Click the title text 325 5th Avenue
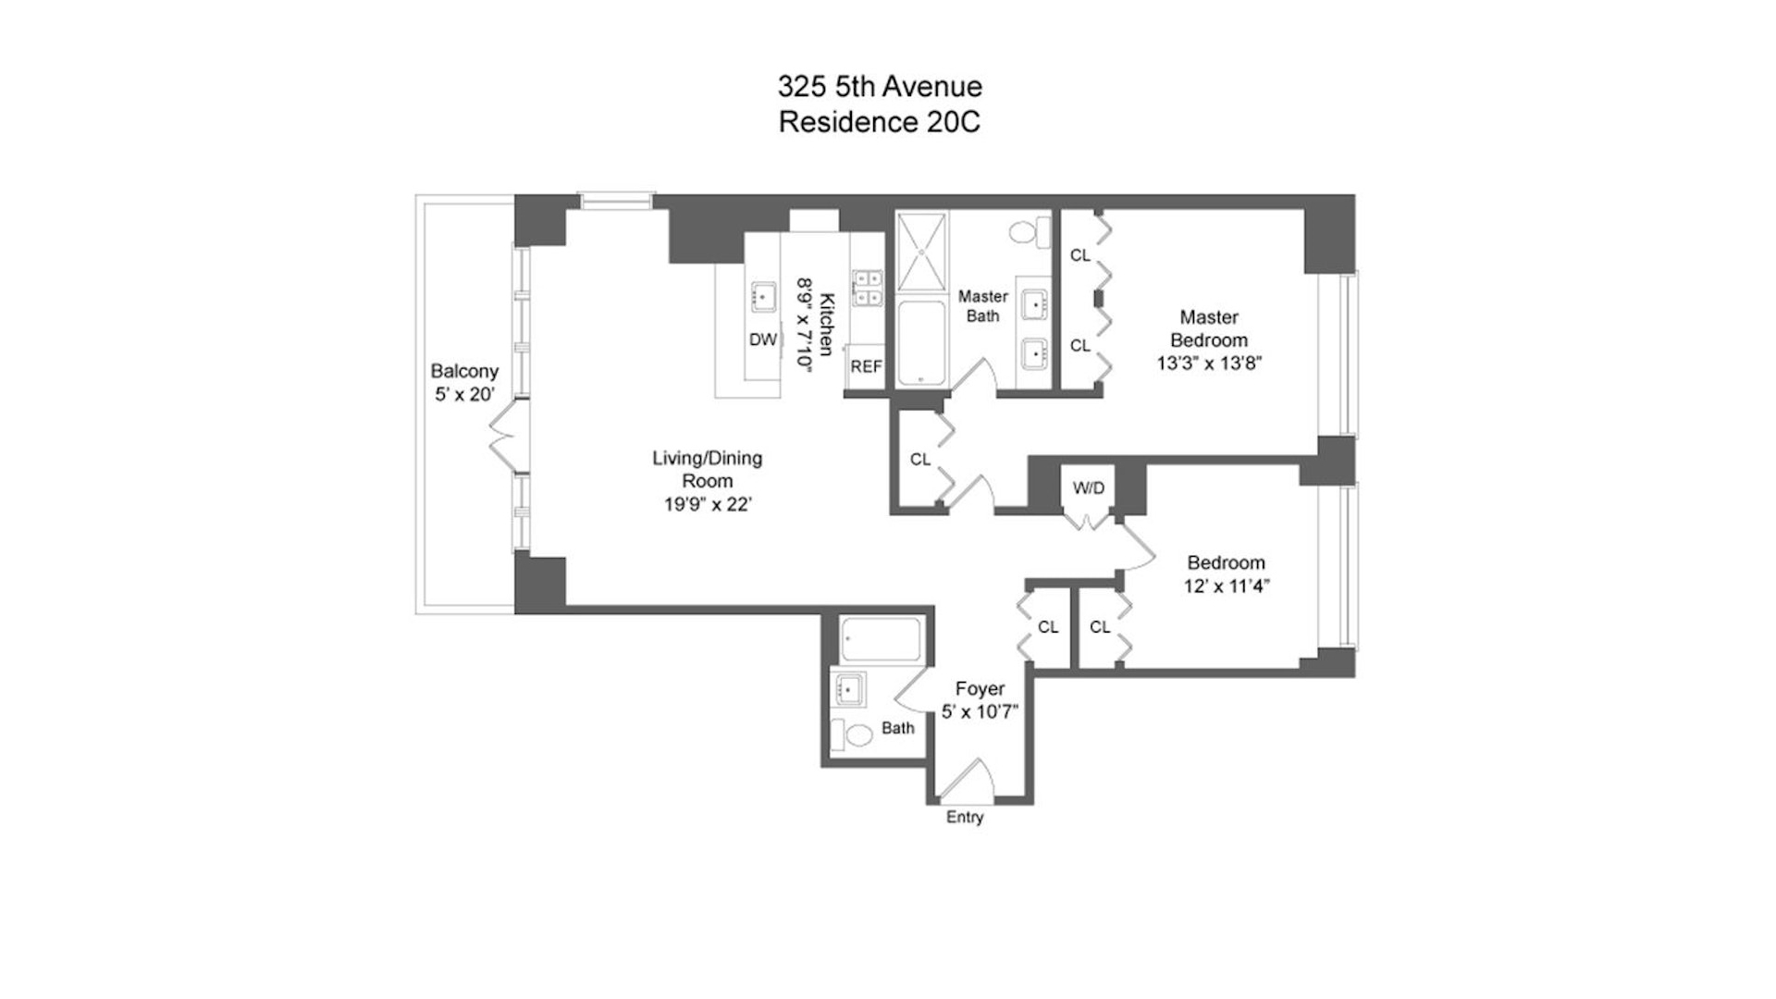pyautogui.click(x=879, y=86)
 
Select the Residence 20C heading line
pyautogui.click(x=879, y=121)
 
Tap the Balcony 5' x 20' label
pyautogui.click(x=464, y=382)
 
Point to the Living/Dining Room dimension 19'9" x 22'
pyautogui.click(x=708, y=505)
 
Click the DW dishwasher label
pyautogui.click(x=762, y=339)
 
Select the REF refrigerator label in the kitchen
pyautogui.click(x=866, y=366)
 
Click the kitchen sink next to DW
pyautogui.click(x=763, y=297)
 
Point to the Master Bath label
pyautogui.click(x=982, y=306)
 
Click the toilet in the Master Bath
pyautogui.click(x=1030, y=230)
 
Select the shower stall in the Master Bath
pyautogui.click(x=922, y=252)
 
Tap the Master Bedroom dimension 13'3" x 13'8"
pyautogui.click(x=1209, y=364)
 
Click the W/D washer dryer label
pyautogui.click(x=1089, y=487)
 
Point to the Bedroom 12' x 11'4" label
pyautogui.click(x=1226, y=573)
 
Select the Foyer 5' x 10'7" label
pyautogui.click(x=980, y=700)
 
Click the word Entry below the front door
pyautogui.click(x=965, y=817)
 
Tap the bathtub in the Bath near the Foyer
pyautogui.click(x=881, y=638)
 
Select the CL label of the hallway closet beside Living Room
pyautogui.click(x=919, y=459)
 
